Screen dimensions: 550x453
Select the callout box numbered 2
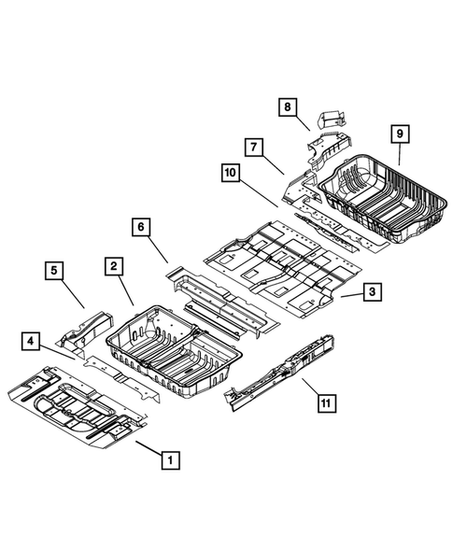click(x=112, y=268)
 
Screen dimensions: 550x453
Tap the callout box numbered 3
click(x=371, y=293)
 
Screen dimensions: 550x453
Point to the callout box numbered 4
click(x=31, y=343)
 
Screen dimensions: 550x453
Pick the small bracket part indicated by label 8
click(x=333, y=120)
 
